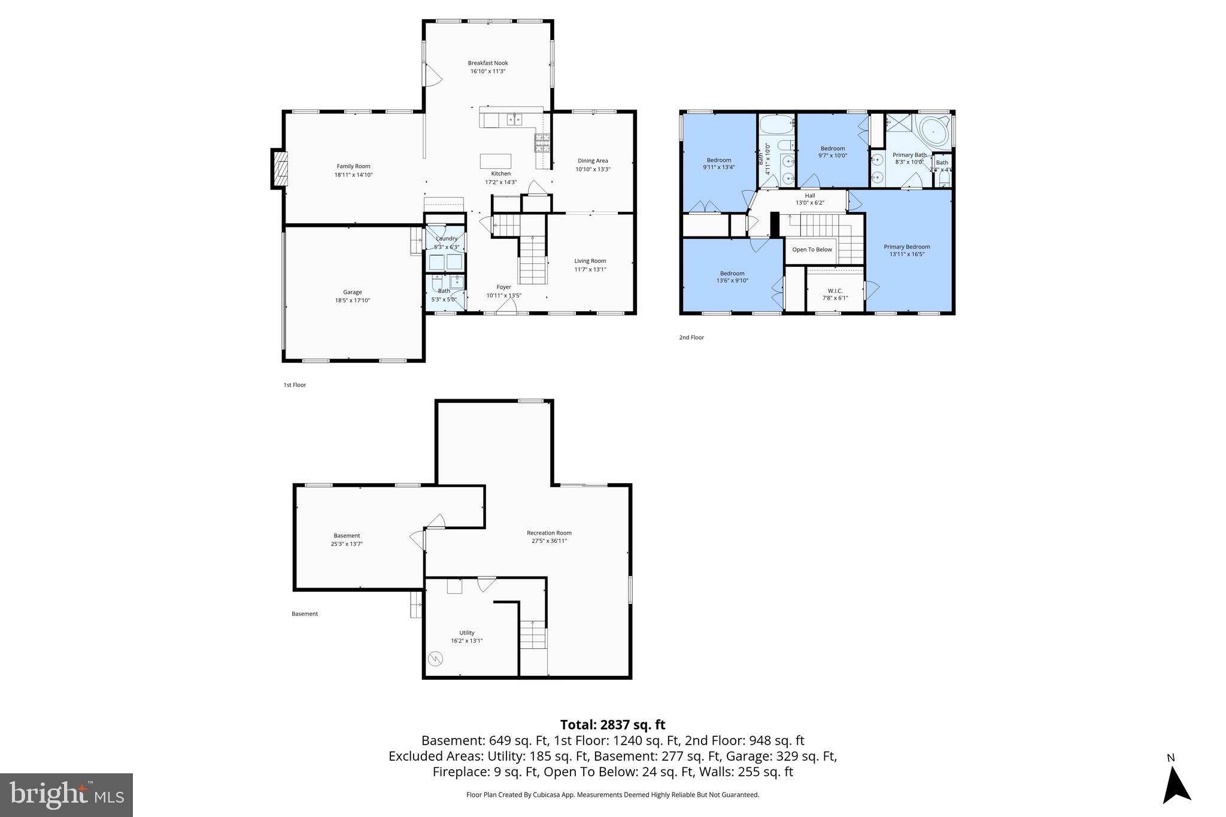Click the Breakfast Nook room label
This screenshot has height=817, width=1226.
tap(487, 63)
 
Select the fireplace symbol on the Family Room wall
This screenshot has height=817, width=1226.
tap(280, 169)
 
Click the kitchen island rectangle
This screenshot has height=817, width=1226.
tap(496, 162)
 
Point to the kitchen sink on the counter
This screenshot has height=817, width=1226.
tap(514, 119)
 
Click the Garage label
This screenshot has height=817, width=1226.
tap(352, 292)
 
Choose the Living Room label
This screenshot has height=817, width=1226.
tap(590, 261)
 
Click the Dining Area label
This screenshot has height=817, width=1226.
tap(592, 160)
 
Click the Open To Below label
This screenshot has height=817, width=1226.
tap(812, 250)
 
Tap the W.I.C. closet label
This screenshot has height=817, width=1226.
tap(834, 290)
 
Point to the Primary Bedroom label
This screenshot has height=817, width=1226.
tap(906, 247)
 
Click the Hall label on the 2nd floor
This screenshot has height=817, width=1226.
tap(809, 196)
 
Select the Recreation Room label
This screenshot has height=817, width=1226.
tap(548, 533)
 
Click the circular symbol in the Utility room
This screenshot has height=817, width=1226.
tap(436, 660)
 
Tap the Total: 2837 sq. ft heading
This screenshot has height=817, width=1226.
tap(612, 725)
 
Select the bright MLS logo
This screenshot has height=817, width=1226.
tap(66, 795)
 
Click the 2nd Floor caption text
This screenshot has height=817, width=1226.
tap(691, 338)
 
